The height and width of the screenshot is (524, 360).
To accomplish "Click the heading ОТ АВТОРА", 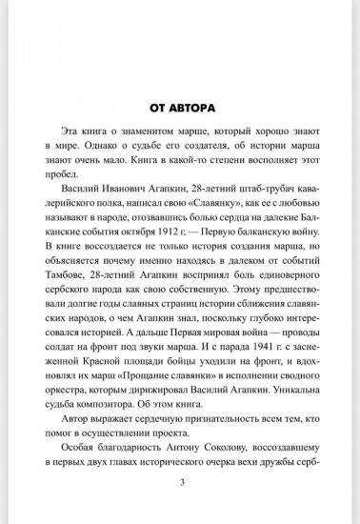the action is point(179,107).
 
